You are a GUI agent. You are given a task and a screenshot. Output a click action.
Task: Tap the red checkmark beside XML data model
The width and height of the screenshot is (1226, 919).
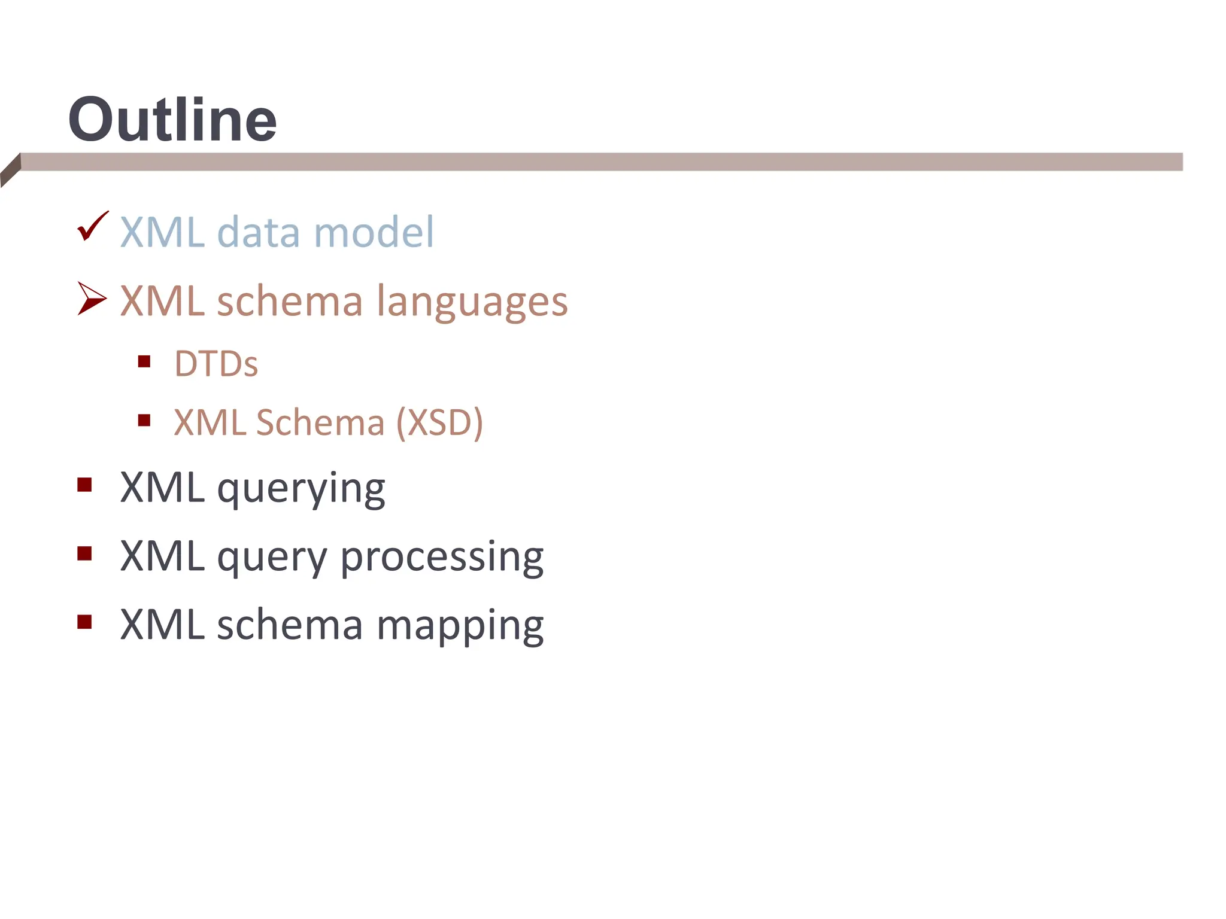[x=92, y=227]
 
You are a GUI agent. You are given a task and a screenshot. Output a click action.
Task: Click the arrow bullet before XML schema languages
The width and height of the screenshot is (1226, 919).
[x=92, y=298]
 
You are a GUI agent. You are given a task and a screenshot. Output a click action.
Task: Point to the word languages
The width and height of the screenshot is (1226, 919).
[x=472, y=302]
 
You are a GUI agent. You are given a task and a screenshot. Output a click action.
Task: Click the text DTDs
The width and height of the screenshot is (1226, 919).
[x=216, y=364]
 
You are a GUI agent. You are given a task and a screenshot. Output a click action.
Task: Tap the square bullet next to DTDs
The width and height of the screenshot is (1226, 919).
[x=144, y=361]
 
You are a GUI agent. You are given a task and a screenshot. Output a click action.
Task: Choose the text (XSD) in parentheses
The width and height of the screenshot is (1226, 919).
[x=440, y=423]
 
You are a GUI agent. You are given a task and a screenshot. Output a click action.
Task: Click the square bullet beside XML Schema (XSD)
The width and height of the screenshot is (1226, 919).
[x=144, y=420]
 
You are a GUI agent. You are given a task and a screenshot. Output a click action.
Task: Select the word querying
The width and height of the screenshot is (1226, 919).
[x=301, y=489]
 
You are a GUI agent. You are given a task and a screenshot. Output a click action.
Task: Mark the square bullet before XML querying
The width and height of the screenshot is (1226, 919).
[x=84, y=485]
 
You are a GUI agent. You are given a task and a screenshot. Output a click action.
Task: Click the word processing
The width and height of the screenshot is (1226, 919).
[x=442, y=558]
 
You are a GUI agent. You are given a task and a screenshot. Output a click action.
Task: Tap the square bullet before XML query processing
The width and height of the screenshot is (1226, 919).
[x=84, y=553]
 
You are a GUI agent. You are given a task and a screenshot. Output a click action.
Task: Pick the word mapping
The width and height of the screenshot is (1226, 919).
[x=460, y=626]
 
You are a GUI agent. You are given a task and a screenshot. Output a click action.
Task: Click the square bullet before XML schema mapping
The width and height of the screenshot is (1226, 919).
[x=84, y=622]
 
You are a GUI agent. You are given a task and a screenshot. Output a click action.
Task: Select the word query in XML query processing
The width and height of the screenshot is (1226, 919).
[x=272, y=558]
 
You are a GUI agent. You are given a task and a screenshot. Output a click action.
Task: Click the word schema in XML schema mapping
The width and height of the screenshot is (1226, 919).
[x=290, y=625]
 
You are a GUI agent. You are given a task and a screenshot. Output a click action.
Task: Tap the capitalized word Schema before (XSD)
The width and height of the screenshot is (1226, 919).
[x=320, y=423]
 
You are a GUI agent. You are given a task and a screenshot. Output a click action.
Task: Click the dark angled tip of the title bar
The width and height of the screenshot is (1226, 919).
[x=11, y=170]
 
